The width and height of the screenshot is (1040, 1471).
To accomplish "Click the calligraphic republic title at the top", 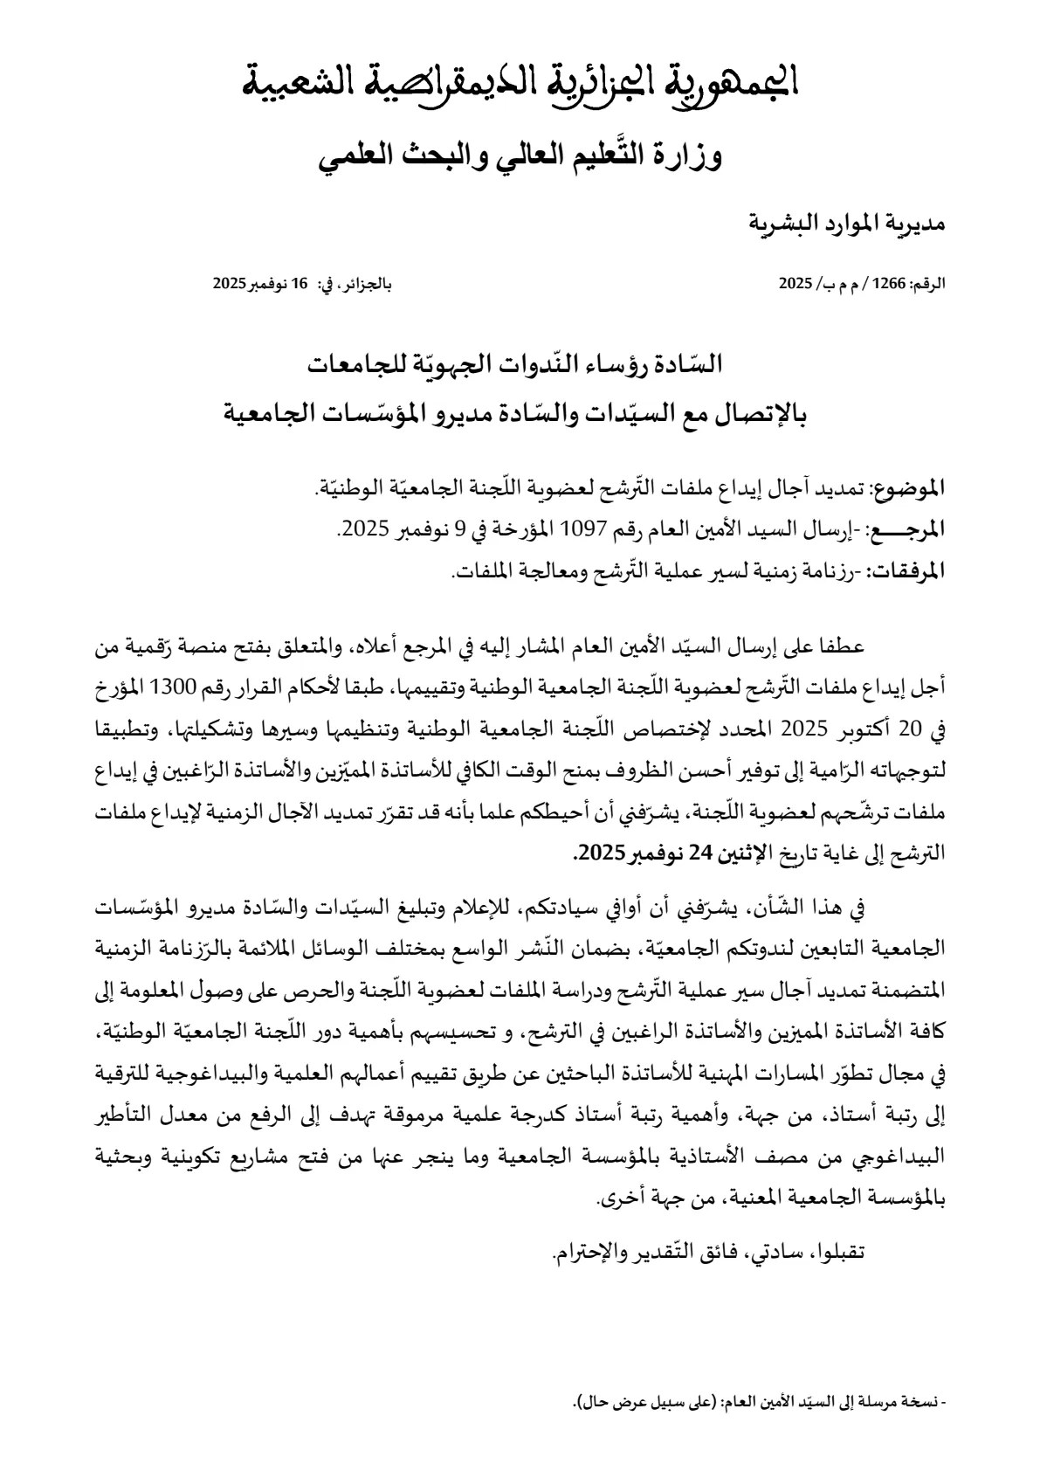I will (x=520, y=84).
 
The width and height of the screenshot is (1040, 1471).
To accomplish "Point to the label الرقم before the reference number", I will (x=928, y=284).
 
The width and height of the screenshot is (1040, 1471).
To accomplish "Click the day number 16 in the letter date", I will (x=300, y=284).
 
